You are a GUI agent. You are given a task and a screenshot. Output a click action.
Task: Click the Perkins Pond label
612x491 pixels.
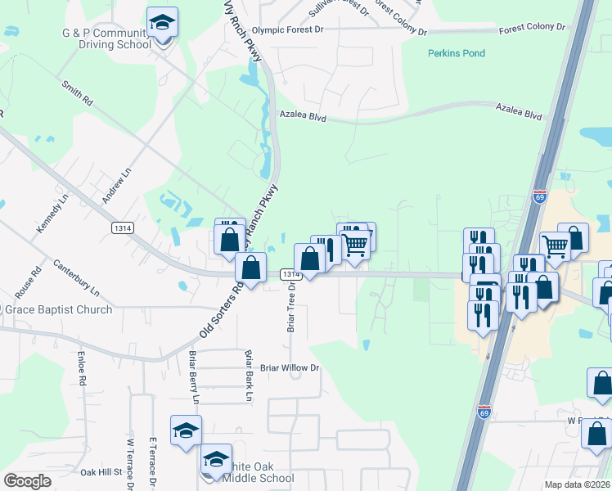(x=457, y=53)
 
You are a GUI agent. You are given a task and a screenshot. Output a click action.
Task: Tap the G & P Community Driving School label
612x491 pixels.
(x=98, y=38)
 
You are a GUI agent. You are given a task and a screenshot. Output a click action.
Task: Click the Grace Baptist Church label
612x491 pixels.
(x=58, y=309)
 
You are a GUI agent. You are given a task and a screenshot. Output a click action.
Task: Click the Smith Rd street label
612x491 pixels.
(x=77, y=93)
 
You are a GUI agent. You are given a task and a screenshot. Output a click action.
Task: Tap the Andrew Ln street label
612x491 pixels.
(x=116, y=187)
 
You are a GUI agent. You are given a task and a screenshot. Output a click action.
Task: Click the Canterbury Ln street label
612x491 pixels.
(x=76, y=278)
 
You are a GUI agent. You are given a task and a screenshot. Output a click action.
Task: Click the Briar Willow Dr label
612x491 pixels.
(x=290, y=367)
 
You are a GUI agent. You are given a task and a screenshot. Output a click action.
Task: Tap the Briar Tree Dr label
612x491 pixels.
(x=290, y=309)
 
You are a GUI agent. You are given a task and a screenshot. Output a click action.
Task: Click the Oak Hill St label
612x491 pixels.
(x=101, y=472)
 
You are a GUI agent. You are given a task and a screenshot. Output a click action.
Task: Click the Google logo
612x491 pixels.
(x=27, y=481)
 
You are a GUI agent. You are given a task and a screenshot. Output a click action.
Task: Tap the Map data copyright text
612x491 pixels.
(x=577, y=484)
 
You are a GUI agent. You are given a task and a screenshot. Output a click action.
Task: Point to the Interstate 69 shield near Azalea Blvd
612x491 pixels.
(x=538, y=197)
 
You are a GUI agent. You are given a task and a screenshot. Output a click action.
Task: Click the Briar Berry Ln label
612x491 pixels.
(x=194, y=377)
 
